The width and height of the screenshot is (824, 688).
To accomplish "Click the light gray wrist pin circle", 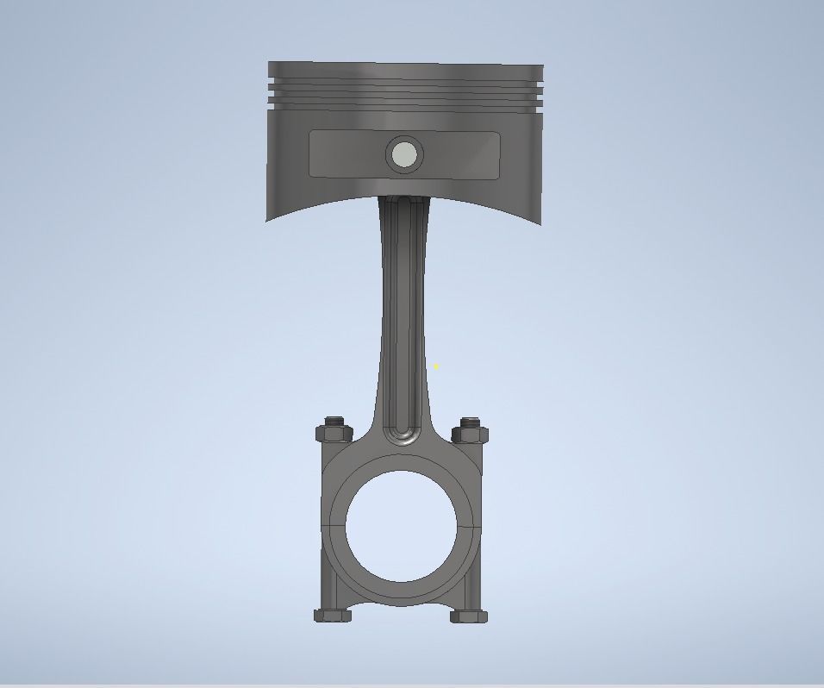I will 403,155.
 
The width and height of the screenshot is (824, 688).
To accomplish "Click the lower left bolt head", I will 333,616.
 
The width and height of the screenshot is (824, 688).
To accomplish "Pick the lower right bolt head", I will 468,616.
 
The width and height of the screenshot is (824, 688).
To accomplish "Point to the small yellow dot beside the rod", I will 436,367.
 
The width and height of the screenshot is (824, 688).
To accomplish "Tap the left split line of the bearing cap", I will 334,522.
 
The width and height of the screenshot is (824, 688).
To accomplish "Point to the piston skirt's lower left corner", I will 268,219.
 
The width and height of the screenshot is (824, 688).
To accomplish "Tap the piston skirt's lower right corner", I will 540,222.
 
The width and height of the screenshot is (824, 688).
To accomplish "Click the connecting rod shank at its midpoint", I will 402,319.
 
